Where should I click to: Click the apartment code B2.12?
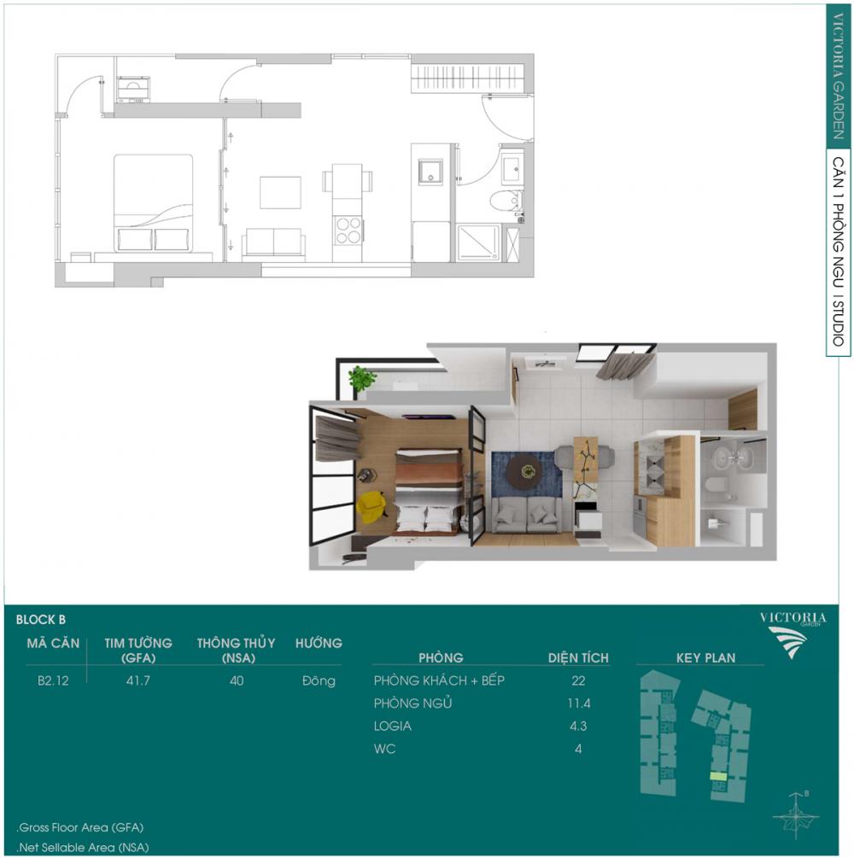[x=53, y=680]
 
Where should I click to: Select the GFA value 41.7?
[x=138, y=680]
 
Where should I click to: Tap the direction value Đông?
[x=319, y=680]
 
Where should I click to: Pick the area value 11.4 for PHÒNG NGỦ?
[x=579, y=703]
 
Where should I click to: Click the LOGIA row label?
[x=393, y=727]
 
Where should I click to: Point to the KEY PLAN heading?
[x=705, y=657]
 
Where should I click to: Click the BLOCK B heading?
[x=40, y=620]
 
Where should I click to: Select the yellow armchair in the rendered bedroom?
[x=371, y=507]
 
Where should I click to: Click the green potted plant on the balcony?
[x=361, y=377]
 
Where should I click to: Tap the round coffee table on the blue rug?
[x=524, y=471]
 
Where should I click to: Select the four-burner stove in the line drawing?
[x=347, y=230]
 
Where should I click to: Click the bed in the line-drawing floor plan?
[x=153, y=203]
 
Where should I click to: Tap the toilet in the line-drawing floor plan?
[x=505, y=201]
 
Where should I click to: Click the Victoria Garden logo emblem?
[x=787, y=641]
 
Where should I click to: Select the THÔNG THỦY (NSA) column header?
[x=236, y=650]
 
